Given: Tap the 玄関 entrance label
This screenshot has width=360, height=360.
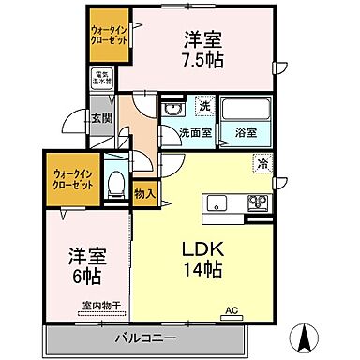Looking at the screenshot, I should [x=101, y=117].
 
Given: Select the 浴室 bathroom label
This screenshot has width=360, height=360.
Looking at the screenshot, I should [x=246, y=132].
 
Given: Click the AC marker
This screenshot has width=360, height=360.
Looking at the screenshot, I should [x=232, y=308].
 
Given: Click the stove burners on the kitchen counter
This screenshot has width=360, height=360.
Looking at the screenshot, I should [x=256, y=202].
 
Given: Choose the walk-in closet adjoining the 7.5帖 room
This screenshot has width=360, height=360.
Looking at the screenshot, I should [x=109, y=40].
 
